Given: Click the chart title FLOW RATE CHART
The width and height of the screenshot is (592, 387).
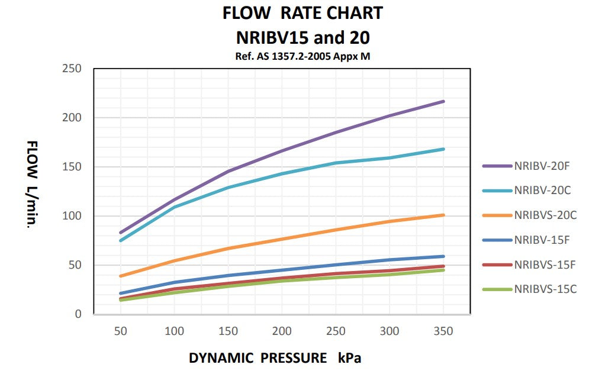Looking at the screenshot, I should pyautogui.click(x=303, y=13).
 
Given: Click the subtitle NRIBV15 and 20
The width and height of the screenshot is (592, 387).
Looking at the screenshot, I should pyautogui.click(x=303, y=38).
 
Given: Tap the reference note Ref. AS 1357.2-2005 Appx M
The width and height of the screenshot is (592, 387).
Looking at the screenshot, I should pyautogui.click(x=303, y=57).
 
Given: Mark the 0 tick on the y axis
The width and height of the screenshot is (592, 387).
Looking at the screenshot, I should pyautogui.click(x=78, y=314).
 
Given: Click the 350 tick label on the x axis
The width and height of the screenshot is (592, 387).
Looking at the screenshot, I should pyautogui.click(x=443, y=331).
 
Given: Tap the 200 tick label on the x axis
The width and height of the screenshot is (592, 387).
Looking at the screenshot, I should pyautogui.click(x=282, y=331).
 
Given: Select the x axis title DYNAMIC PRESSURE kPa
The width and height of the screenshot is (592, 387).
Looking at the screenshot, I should pyautogui.click(x=275, y=358).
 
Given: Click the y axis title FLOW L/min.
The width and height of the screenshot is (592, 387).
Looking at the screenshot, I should pyautogui.click(x=33, y=185).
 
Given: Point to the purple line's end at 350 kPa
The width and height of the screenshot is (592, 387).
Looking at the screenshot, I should pyautogui.click(x=443, y=101).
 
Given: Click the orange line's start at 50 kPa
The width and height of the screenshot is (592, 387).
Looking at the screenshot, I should pyautogui.click(x=121, y=276).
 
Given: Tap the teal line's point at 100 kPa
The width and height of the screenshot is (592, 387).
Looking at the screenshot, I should pyautogui.click(x=175, y=207).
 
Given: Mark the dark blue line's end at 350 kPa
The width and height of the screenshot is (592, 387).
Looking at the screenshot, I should pyautogui.click(x=443, y=256).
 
